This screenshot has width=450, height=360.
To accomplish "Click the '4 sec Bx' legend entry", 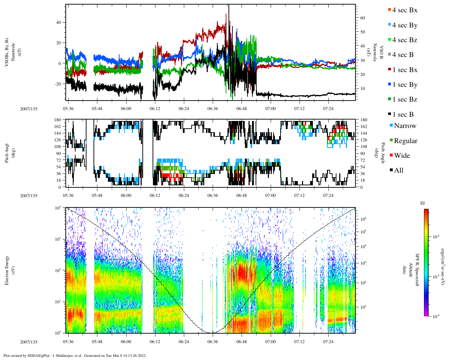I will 404,10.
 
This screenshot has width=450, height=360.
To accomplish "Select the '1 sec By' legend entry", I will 405,85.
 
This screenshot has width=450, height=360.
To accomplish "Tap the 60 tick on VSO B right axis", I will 362,18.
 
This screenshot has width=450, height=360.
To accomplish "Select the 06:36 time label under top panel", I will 212,109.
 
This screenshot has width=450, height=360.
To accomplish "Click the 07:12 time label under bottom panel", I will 299,342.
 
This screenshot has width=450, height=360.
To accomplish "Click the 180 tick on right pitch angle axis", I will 364,120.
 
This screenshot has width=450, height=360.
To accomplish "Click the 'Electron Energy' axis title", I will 7,270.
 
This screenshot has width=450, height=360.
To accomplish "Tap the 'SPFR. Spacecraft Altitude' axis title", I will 410,270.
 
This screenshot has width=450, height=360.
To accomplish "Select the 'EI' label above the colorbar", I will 423,203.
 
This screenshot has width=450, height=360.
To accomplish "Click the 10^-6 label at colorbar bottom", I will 436,316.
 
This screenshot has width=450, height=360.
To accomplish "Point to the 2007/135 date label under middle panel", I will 28,196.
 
